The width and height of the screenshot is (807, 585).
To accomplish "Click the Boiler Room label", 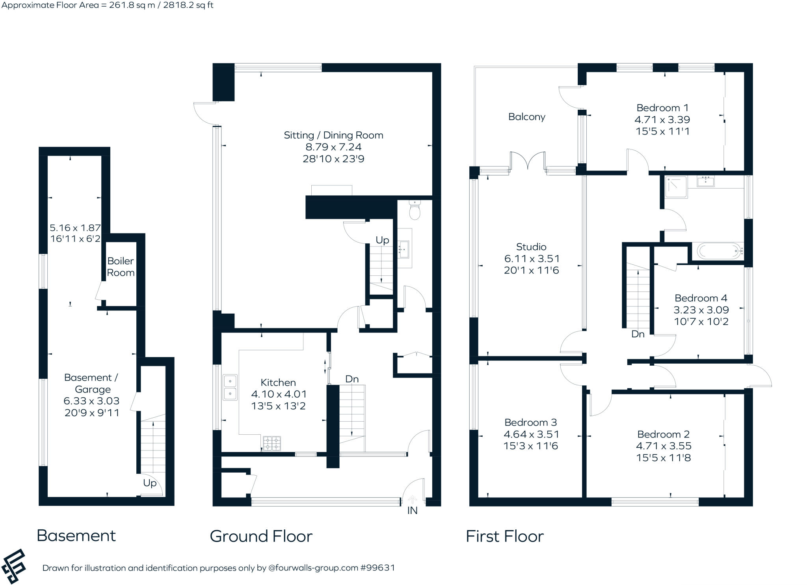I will (121, 267).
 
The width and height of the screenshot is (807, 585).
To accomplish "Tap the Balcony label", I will (526, 117).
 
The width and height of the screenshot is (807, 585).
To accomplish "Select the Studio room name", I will (531, 247).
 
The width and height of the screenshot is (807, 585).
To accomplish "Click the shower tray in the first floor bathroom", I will (676, 187).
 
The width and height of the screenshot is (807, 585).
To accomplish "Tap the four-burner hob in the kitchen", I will (271, 443).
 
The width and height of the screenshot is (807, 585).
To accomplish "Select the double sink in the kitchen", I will (230, 387).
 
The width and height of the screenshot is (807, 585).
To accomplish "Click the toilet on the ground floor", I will (415, 210).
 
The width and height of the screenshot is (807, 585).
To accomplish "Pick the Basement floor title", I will (76, 536).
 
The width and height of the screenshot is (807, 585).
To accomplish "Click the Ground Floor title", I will (261, 536).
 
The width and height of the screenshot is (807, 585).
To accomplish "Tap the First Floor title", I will (504, 536).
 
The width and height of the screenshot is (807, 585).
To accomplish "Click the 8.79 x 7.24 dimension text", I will (333, 147).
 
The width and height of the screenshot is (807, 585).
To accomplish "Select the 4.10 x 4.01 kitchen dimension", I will (279, 394).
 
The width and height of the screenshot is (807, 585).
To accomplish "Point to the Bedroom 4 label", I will (701, 298).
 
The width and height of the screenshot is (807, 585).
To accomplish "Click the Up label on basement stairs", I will (150, 483).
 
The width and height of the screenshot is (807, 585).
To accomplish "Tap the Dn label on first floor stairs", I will (638, 334).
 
